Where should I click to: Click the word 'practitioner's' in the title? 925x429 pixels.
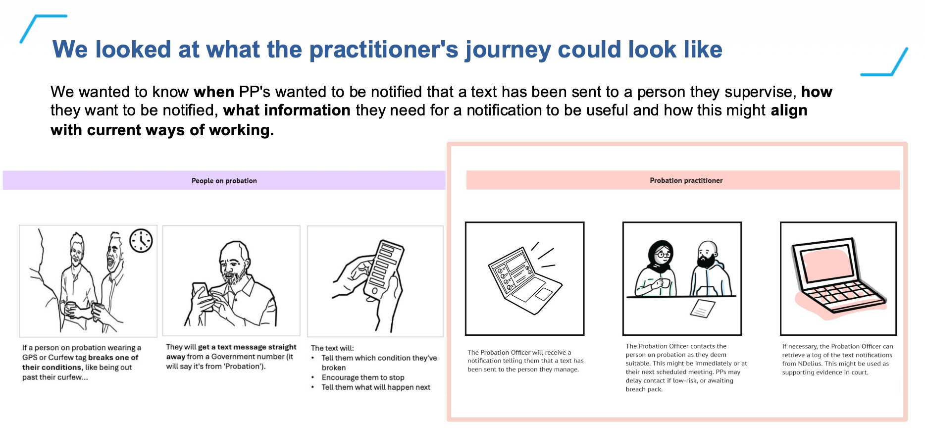tap(384, 50)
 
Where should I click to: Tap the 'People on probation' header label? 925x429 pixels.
tap(224, 181)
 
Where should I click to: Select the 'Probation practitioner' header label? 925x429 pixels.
tap(686, 180)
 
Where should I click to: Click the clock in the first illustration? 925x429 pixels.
tap(141, 241)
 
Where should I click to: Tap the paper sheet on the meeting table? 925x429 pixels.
tap(702, 309)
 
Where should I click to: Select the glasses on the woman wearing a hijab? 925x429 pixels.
tap(663, 255)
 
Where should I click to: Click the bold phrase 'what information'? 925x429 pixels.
tap(287, 110)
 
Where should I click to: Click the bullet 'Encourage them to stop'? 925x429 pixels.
tap(362, 377)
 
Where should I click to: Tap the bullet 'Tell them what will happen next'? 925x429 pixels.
tap(375, 387)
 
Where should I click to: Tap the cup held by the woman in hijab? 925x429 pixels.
tap(665, 283)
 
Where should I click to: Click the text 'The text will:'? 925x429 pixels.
tap(332, 348)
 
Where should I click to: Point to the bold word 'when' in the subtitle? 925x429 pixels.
tap(213, 92)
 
